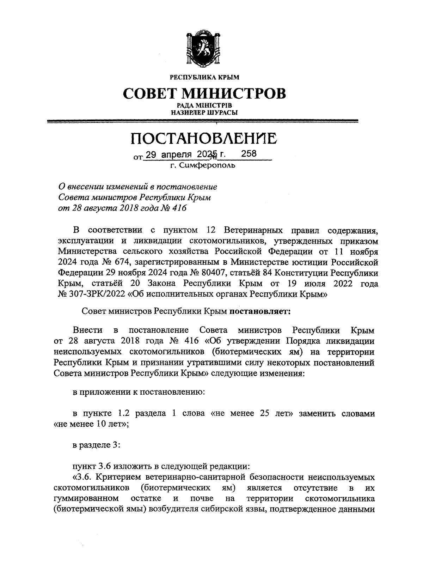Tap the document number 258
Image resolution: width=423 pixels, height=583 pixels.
click(x=249, y=154)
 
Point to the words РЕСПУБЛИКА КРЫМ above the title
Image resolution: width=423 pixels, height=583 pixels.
click(x=204, y=77)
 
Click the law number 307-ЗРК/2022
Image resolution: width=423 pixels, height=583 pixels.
click(x=96, y=294)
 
